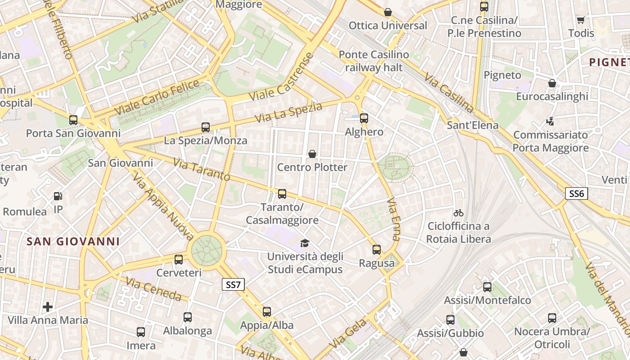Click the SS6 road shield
[576, 193]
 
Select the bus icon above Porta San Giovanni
[73, 120]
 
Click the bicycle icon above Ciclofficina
[459, 213]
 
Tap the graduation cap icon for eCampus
[305, 243]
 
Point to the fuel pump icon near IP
[58, 196]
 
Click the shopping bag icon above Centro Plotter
[312, 154]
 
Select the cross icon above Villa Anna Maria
[48, 307]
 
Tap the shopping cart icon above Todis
[580, 20]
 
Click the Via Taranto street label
[202, 170]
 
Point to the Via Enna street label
[393, 219]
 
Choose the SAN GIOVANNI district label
[73, 241]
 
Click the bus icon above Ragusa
[377, 250]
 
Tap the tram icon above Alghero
[364, 118]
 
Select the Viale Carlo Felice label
[157, 96]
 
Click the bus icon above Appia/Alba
[267, 312]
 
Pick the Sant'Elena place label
[472, 125]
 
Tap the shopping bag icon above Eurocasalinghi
[552, 83]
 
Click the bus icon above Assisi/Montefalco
[487, 287]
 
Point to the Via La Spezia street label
[288, 112]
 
